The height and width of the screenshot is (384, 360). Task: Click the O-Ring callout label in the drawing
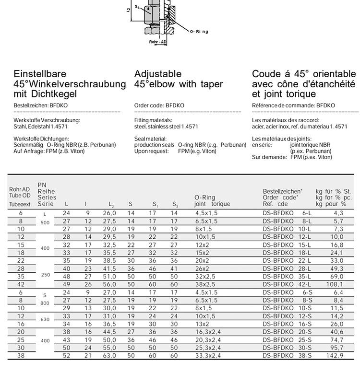point(199,32)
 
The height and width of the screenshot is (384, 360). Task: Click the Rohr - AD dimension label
point(158,42)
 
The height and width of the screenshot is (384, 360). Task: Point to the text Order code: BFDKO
point(159,105)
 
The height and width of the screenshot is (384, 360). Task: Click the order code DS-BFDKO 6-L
point(287,213)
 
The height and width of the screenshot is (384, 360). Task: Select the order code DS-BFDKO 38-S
point(287,356)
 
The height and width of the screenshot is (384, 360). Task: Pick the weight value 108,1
point(335,284)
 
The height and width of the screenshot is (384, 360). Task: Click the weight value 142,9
point(335,356)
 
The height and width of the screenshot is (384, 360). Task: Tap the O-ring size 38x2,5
point(206,284)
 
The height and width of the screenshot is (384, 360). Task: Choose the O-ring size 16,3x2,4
point(207,332)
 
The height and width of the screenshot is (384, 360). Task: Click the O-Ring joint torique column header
point(212,200)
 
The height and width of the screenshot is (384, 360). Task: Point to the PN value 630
point(45,320)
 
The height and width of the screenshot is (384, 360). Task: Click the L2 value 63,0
point(109,356)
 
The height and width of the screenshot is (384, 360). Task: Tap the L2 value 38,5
point(109,261)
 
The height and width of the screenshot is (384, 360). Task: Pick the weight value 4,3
point(338,213)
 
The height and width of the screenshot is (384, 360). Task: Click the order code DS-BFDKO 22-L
point(287,261)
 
